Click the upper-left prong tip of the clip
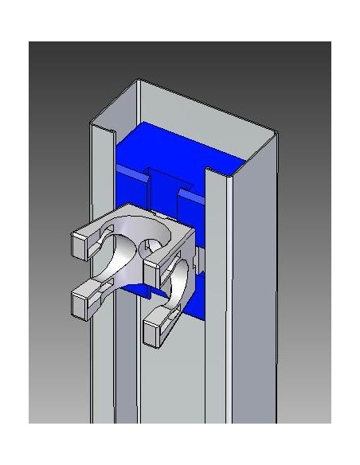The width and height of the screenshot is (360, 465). point(83,242)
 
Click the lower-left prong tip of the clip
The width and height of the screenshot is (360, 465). point(84,299)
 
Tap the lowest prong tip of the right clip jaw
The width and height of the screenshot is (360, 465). point(157,327)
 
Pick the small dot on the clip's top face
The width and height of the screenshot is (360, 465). point(151,214)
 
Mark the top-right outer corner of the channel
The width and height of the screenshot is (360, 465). point(276,133)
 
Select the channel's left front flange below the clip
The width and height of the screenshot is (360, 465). point(100,374)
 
